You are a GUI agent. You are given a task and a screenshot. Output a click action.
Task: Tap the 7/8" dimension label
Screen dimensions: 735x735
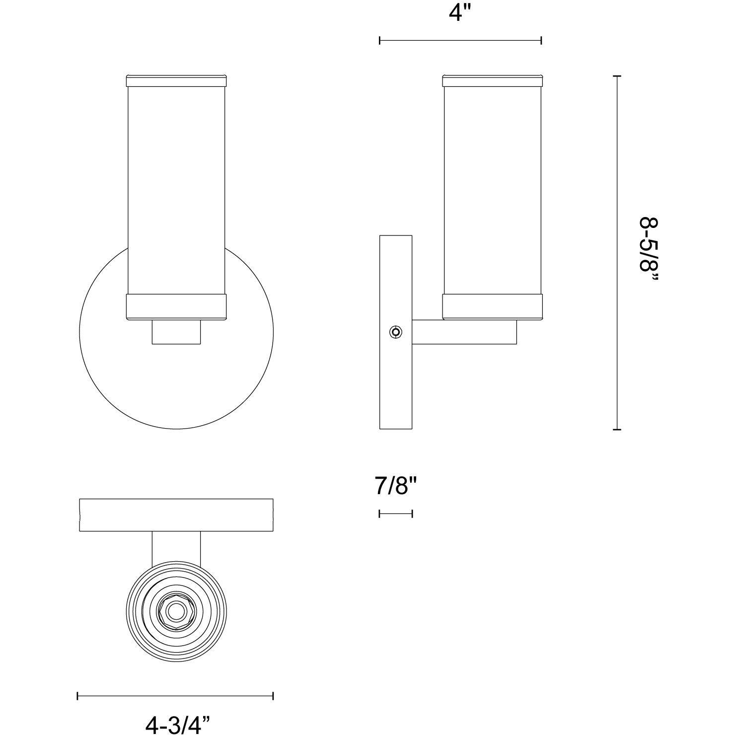(395, 485)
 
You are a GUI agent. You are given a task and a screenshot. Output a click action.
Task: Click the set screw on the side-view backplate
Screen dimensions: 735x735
(395, 332)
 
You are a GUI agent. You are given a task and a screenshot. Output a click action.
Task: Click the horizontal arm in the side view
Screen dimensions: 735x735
(464, 332)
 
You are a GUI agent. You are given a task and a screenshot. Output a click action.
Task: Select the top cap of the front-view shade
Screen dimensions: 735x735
(176, 80)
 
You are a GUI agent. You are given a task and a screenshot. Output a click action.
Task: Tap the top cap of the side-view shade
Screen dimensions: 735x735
(492, 80)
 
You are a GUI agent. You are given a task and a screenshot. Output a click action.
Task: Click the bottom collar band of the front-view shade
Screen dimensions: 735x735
(176, 307)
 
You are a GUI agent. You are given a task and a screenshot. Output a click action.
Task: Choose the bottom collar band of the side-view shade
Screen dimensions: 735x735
(492, 307)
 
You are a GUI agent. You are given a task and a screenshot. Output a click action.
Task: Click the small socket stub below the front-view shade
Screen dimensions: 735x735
(176, 332)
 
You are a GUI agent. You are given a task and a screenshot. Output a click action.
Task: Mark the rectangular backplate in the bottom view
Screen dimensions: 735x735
(176, 514)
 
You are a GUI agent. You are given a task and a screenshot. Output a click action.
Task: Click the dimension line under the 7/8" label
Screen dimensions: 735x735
(395, 514)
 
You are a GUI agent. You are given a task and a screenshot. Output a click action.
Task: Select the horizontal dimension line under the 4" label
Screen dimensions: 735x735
(460, 41)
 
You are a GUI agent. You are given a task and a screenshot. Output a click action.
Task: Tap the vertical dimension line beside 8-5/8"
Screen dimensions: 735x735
(617, 252)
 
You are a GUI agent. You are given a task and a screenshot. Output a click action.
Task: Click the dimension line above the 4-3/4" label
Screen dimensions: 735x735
(175, 696)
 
